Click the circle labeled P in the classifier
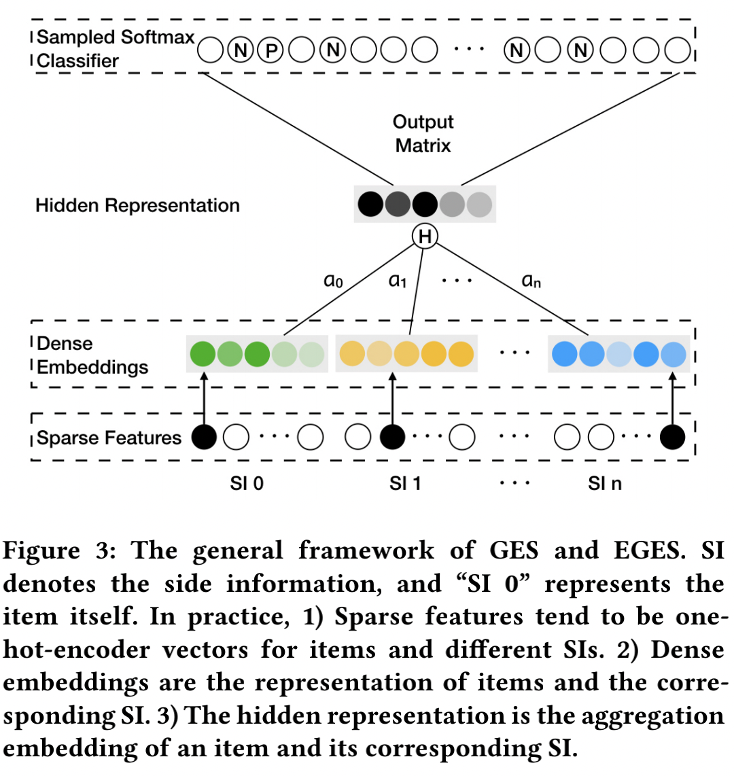tap(270, 50)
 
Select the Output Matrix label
tap(423, 134)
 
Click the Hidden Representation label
tap(137, 205)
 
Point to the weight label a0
tap(333, 281)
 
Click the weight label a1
tap(397, 281)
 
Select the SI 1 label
tap(406, 484)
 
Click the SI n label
tap(605, 484)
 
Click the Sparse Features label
tap(109, 438)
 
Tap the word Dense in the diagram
tap(65, 343)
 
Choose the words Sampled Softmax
tap(116, 37)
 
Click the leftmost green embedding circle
tap(203, 354)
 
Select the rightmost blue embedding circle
tap(674, 354)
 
